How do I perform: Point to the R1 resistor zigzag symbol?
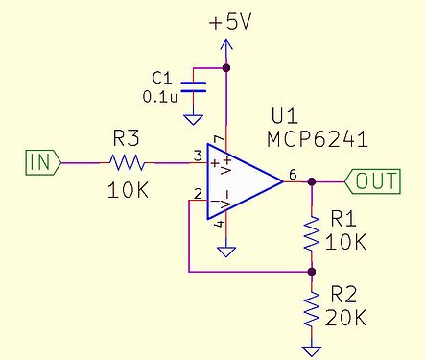point(311,233)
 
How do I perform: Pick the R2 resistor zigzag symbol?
point(311,309)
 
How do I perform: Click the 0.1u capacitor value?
point(159,96)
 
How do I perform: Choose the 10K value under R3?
point(130,189)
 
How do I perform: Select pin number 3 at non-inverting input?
point(198,154)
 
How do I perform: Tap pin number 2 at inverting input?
point(198,195)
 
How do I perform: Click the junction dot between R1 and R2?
point(311,272)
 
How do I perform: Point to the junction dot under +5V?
point(227,67)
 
